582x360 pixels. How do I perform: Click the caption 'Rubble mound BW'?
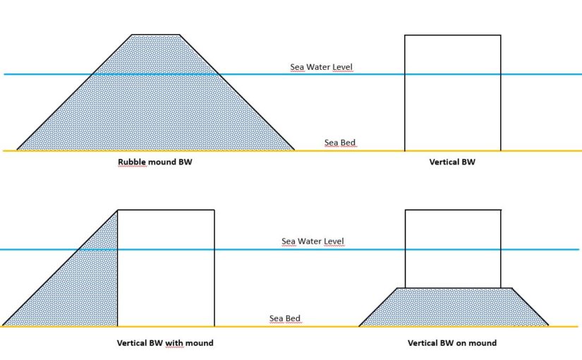[x=154, y=162]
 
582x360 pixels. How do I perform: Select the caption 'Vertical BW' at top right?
[x=452, y=162]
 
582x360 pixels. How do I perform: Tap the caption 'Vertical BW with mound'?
[x=165, y=343]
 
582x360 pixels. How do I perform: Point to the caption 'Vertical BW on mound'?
[x=452, y=343]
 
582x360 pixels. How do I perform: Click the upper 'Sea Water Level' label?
[x=322, y=67]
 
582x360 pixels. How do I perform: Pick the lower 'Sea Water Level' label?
[x=313, y=241]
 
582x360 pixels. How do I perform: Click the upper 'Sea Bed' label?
[x=340, y=143]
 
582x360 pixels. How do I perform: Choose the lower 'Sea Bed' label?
[x=285, y=318]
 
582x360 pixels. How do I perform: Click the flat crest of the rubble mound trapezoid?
[x=156, y=35]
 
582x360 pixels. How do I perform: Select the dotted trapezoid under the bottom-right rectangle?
[x=454, y=307]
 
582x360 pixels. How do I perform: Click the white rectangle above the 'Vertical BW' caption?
[x=452, y=93]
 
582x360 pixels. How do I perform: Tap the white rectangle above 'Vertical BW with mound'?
[x=166, y=268]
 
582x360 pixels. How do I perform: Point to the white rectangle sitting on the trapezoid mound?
[x=453, y=249]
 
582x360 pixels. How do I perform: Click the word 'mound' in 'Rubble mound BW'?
[x=161, y=162]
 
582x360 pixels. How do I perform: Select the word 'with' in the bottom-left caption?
[x=174, y=343]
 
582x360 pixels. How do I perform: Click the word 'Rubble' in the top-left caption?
[x=131, y=162]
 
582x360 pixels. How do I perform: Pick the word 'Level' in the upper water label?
[x=343, y=67]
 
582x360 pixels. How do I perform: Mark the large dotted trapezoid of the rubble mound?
[x=156, y=100]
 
